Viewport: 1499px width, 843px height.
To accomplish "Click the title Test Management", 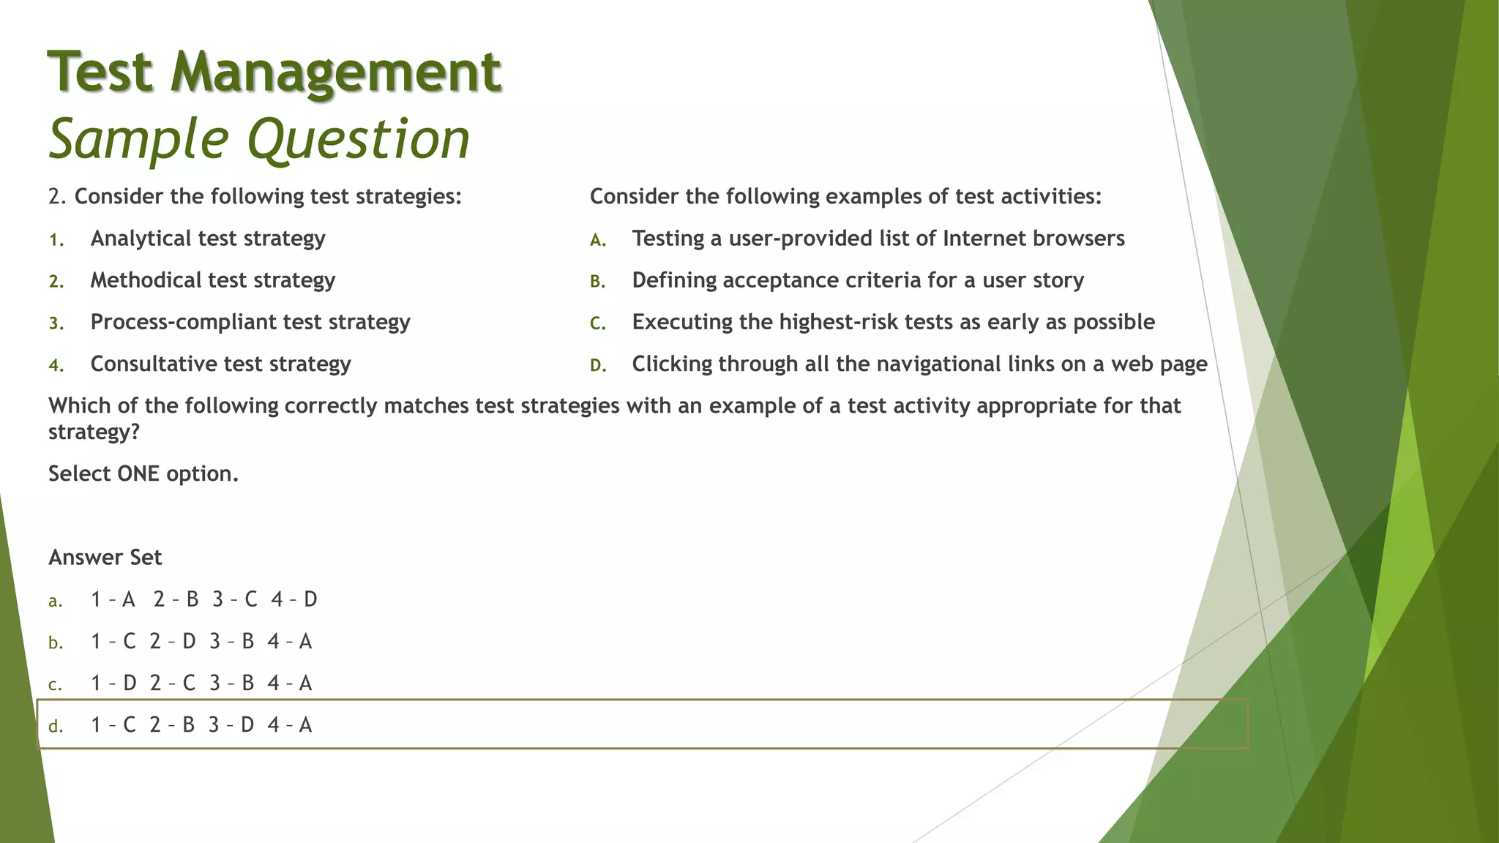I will pyautogui.click(x=274, y=72).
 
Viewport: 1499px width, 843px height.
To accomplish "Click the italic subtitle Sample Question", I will pyautogui.click(x=259, y=139).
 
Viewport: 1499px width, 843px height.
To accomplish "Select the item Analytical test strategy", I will pyautogui.click(x=208, y=239).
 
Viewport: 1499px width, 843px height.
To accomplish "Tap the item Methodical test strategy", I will pyautogui.click(x=212, y=280).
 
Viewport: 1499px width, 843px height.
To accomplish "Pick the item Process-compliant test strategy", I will pyautogui.click(x=250, y=322).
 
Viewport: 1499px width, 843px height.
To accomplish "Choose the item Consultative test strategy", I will pyautogui.click(x=220, y=364).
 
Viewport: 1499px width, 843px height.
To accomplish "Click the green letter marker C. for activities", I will pyautogui.click(x=598, y=323).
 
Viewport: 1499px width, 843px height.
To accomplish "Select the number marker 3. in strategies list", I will pyautogui.click(x=56, y=323).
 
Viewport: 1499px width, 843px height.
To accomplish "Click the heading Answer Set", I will pyautogui.click(x=105, y=558).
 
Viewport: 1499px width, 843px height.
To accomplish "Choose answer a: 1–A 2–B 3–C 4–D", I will pyautogui.click(x=203, y=600).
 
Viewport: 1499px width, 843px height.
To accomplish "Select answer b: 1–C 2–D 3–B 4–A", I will pyautogui.click(x=201, y=642).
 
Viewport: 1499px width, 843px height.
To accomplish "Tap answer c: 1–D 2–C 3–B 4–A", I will pyautogui.click(x=201, y=683).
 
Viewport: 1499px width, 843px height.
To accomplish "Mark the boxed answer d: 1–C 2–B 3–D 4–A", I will pyautogui.click(x=201, y=725).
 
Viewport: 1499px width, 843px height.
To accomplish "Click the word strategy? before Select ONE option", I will pyautogui.click(x=94, y=432).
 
